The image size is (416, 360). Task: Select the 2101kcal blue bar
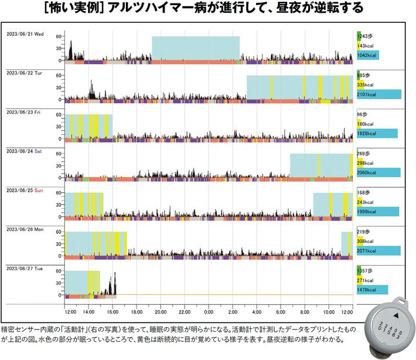(379, 94)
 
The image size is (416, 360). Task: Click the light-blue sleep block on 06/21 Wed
(196, 47)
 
